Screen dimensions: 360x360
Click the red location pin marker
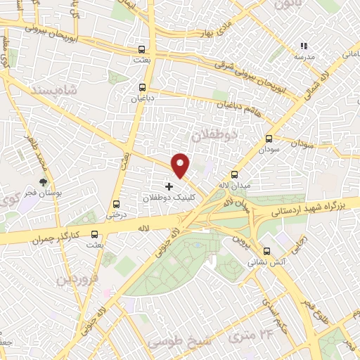coord(181,165)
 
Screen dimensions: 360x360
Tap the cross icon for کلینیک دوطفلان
coord(168,186)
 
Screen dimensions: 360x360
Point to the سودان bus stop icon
coord(269,139)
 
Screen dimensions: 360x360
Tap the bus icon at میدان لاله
coord(235,175)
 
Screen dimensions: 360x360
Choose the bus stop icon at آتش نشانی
coord(265,251)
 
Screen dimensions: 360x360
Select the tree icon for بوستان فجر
coord(46,180)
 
